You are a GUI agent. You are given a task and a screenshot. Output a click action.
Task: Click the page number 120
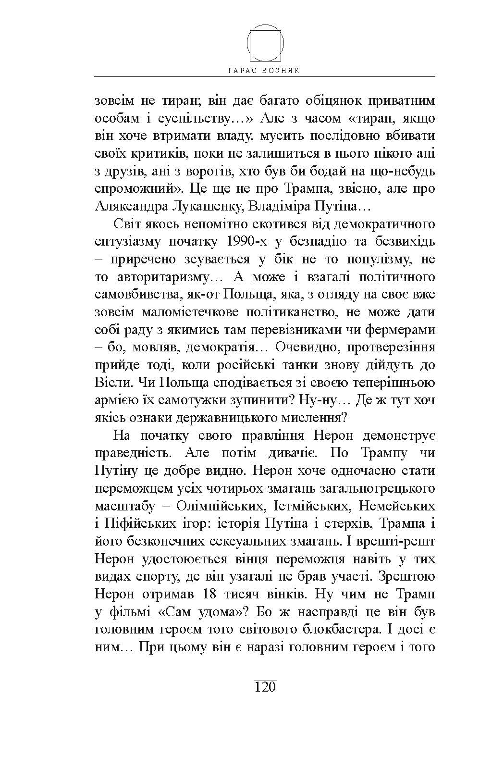264,687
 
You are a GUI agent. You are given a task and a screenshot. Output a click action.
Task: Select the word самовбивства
129,295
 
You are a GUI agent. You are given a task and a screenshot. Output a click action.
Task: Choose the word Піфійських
139,524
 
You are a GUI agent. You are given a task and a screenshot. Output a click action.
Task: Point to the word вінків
284,594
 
